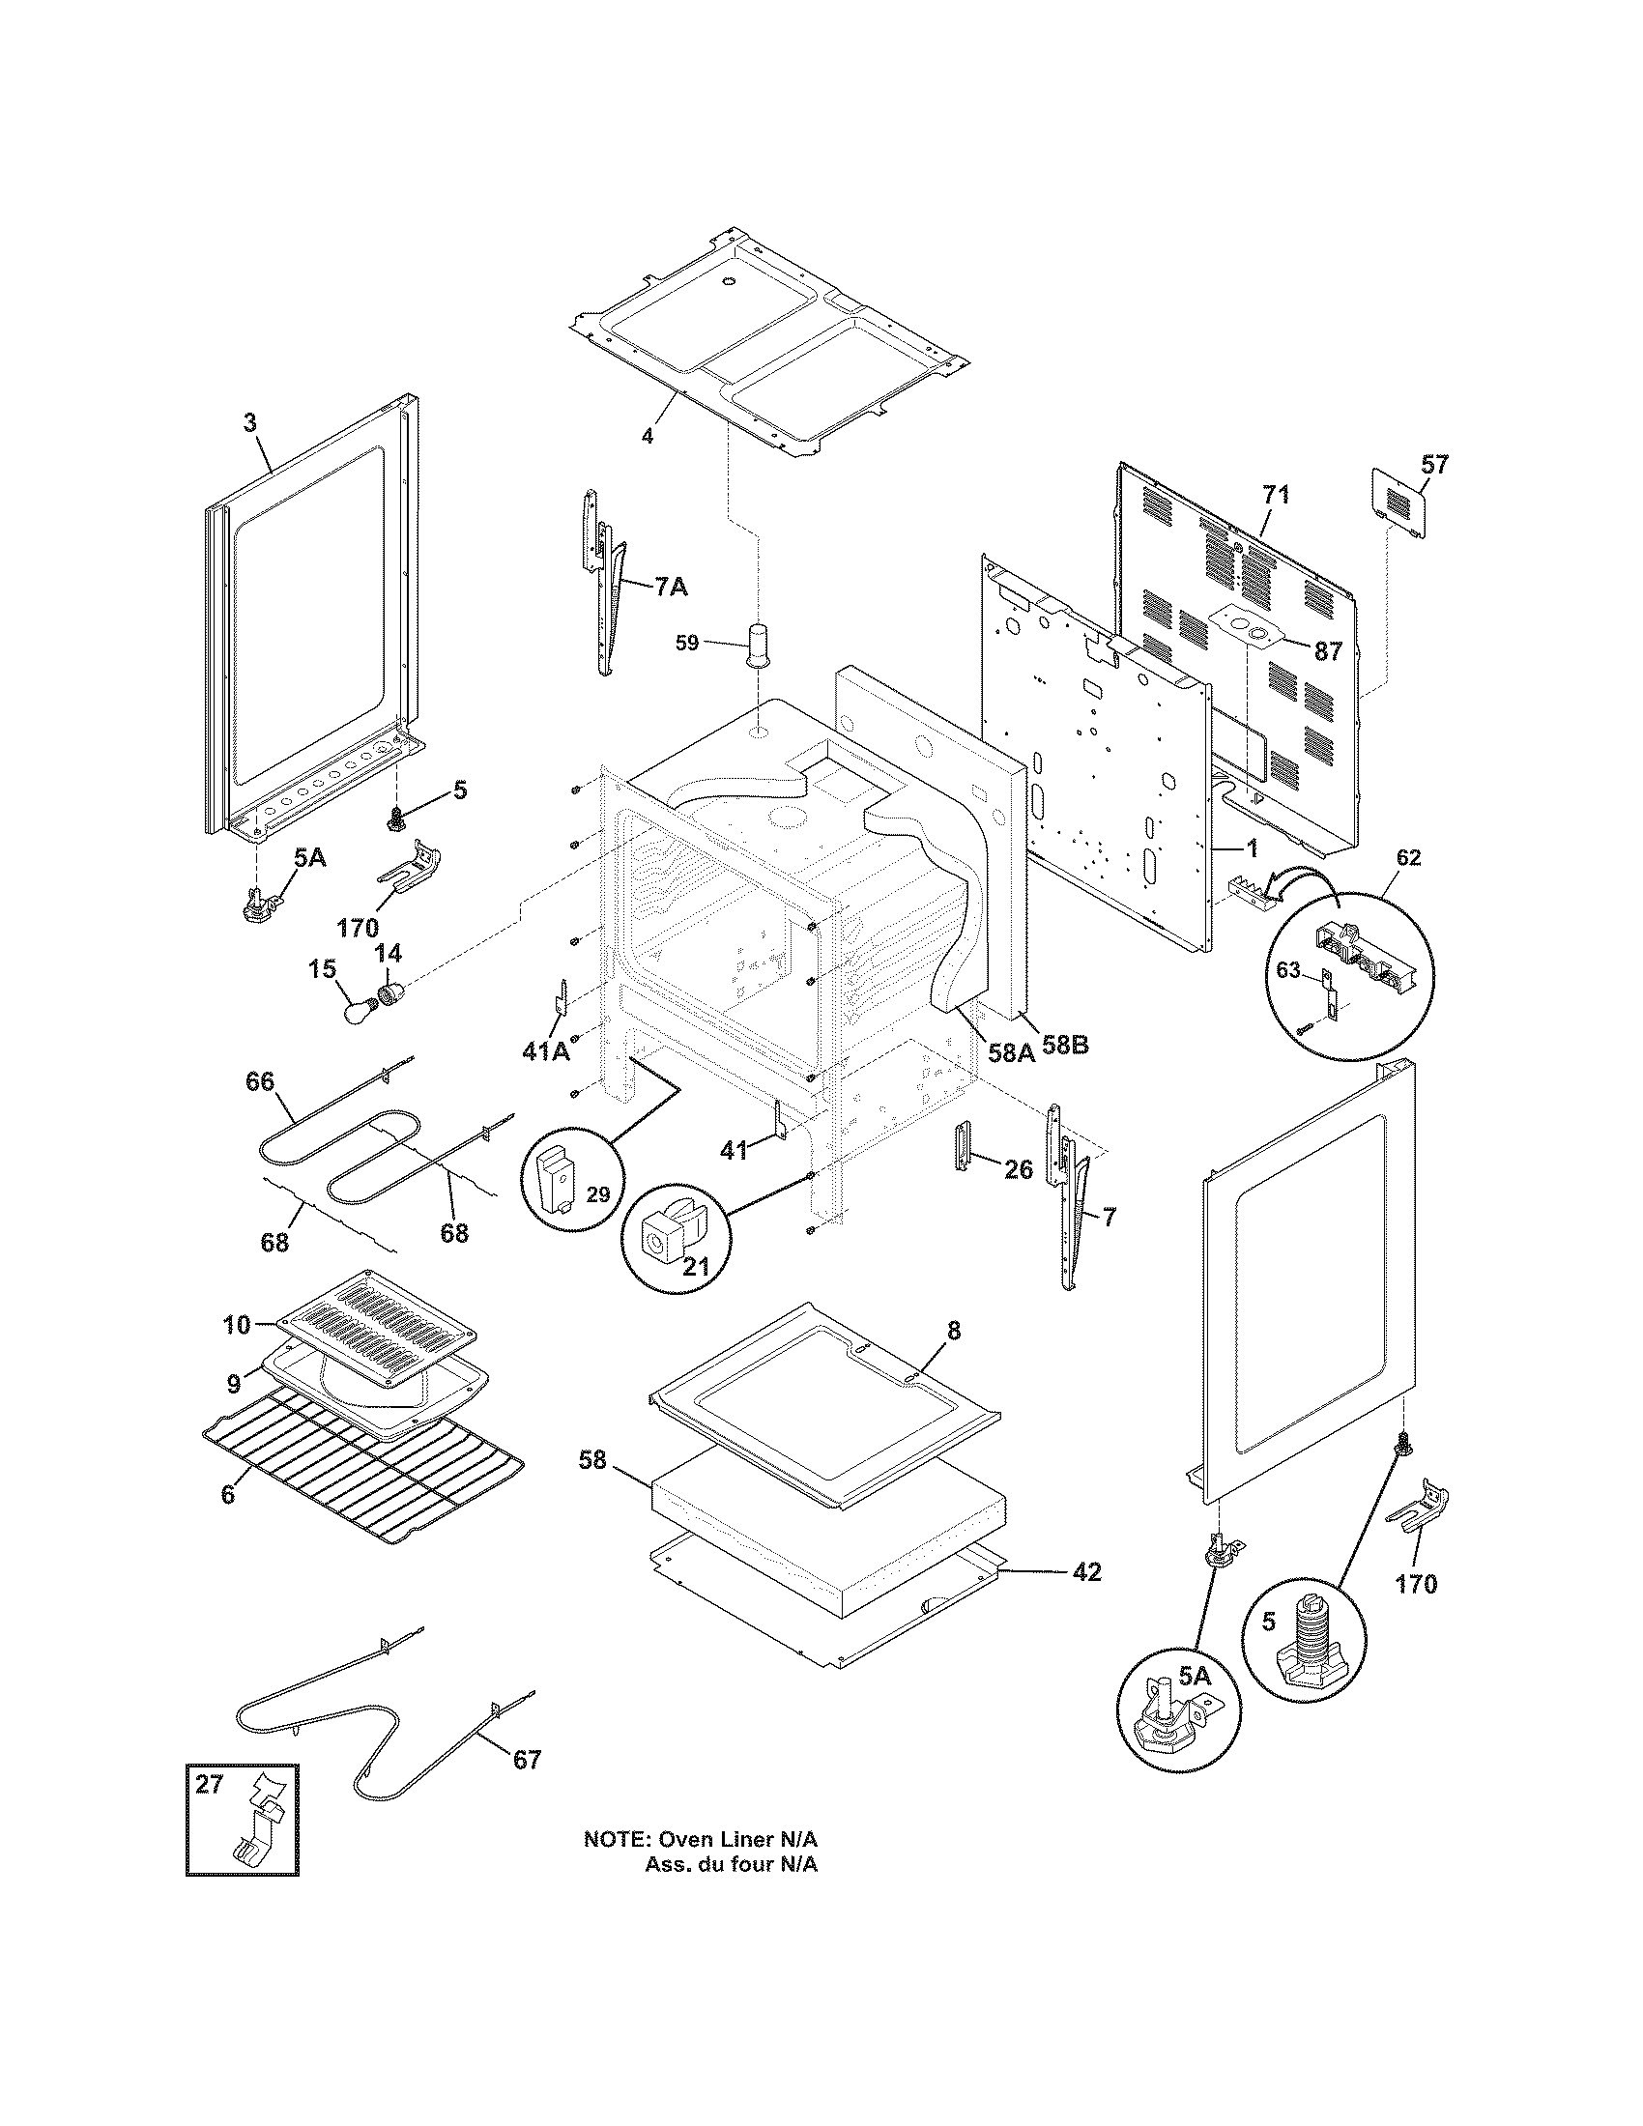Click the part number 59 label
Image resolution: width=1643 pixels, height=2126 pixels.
687,644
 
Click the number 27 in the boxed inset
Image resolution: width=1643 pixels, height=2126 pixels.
210,1784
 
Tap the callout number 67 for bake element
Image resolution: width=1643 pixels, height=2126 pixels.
526,1760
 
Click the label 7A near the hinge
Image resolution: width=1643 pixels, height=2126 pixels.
670,586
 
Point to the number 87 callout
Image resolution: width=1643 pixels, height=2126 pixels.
1328,651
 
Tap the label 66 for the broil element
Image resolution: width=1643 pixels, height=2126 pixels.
259,1081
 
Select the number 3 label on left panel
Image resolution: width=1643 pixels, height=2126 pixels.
250,422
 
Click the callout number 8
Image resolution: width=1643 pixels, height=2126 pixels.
953,1331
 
